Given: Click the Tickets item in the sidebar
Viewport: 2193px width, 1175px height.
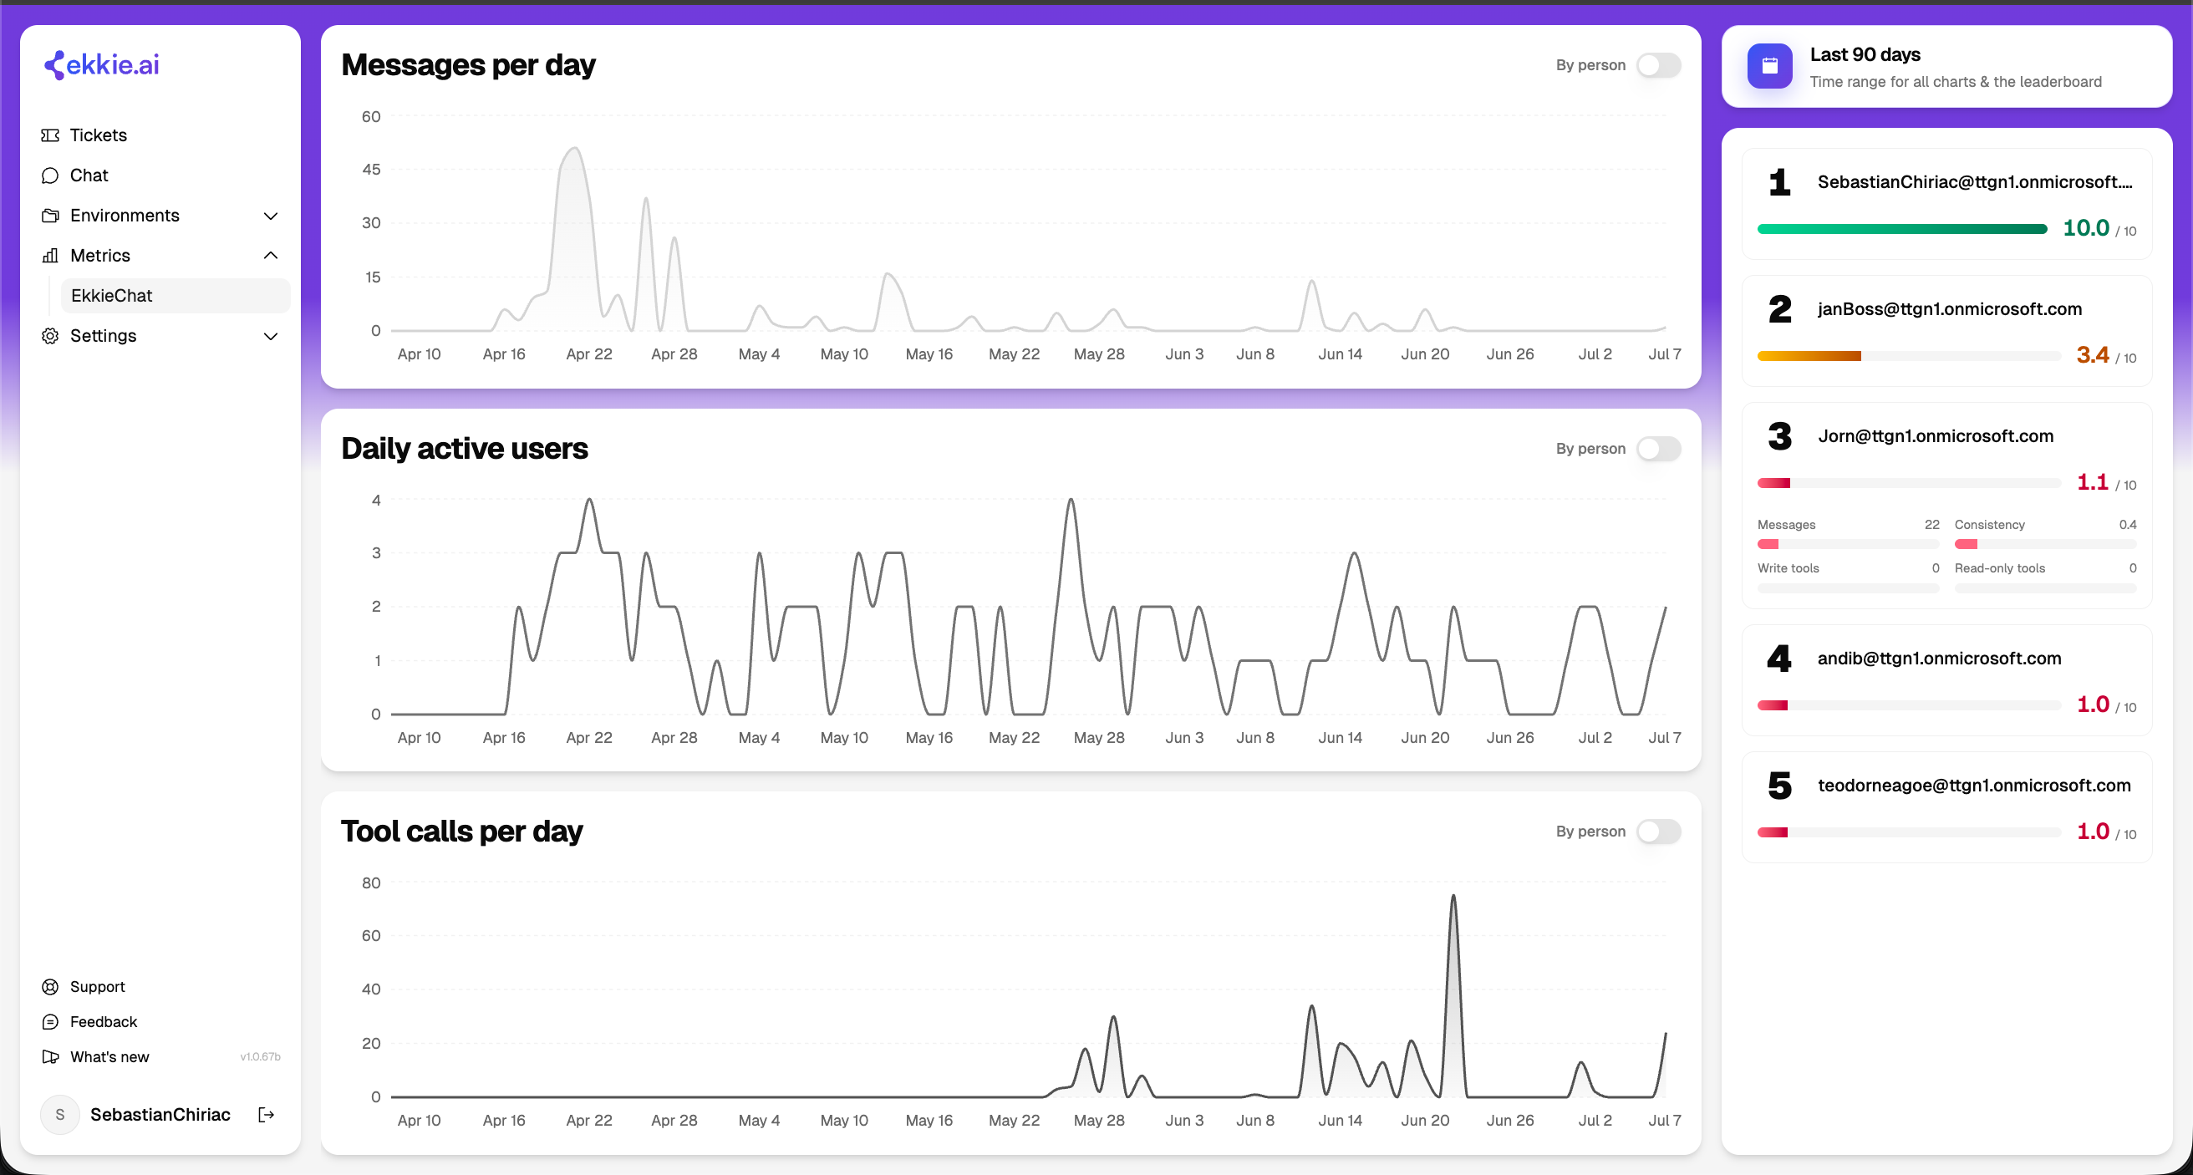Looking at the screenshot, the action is (x=98, y=135).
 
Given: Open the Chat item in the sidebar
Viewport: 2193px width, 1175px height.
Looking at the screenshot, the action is (x=89, y=175).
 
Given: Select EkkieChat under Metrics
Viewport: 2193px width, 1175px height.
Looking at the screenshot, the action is (x=111, y=296).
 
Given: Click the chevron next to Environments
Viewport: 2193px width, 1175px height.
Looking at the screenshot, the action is (x=271, y=216).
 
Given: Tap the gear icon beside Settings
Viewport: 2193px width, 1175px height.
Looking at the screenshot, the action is (x=50, y=336).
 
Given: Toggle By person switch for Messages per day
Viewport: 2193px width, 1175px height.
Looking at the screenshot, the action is (x=1658, y=65).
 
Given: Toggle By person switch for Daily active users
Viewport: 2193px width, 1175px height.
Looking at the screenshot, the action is (x=1658, y=449).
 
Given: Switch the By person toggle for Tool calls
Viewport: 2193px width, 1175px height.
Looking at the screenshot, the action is (x=1658, y=832).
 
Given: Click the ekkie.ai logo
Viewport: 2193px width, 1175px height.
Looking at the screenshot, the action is (x=101, y=64).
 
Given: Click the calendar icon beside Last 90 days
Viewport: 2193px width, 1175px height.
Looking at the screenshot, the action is (x=1769, y=66).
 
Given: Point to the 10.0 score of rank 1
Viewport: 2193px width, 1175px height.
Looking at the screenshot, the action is (x=2086, y=228).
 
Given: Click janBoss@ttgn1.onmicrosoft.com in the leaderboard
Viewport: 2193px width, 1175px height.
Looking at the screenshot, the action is (x=1950, y=309).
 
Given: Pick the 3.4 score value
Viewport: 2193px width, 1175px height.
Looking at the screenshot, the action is (x=2093, y=355).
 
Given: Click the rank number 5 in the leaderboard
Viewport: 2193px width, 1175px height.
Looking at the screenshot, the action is (x=1779, y=786).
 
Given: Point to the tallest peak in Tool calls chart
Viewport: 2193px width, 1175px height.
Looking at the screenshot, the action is (x=1453, y=896).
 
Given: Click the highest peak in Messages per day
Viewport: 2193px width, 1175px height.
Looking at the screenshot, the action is (x=575, y=149).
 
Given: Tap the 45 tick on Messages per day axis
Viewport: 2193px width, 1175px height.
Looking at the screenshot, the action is (x=371, y=170).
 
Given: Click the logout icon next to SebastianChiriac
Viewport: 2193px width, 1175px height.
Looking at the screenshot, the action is (x=267, y=1115).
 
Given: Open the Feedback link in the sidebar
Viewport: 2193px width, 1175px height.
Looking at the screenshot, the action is (x=103, y=1022).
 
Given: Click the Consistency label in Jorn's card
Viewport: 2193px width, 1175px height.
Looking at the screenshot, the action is (x=1990, y=525).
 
